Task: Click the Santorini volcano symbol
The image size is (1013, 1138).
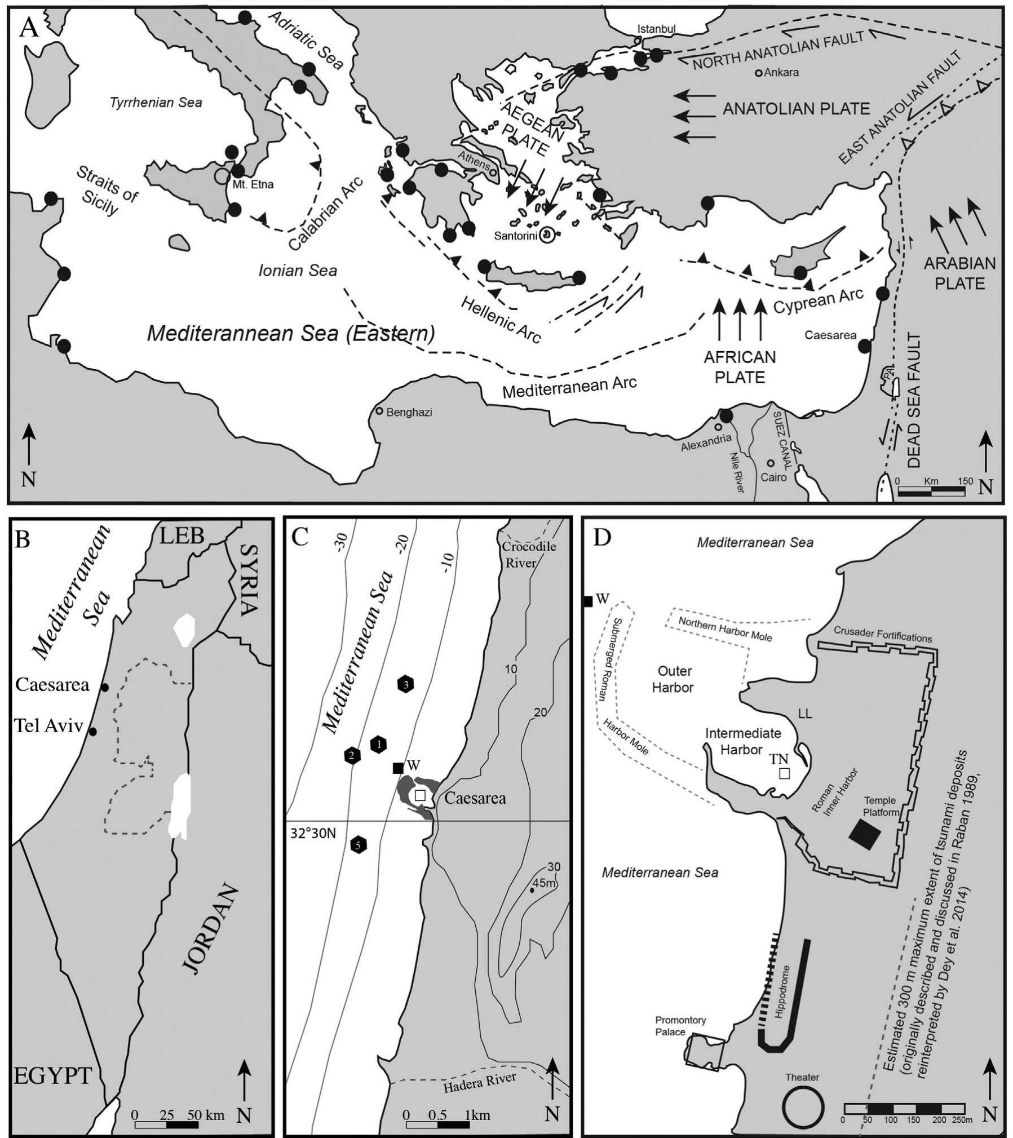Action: coord(546,235)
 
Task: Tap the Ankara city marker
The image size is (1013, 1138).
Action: coord(759,73)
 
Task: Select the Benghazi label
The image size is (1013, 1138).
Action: coord(409,412)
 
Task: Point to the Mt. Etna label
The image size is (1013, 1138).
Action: coord(253,184)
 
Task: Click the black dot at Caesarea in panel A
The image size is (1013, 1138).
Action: coord(864,346)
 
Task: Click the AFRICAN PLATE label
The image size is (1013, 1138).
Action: coord(740,367)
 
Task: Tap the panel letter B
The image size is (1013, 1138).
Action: coord(23,539)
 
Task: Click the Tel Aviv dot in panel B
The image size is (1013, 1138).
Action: coord(94,732)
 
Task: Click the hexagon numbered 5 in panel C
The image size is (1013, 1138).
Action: coord(358,845)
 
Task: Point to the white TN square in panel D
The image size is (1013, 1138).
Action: coord(784,773)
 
